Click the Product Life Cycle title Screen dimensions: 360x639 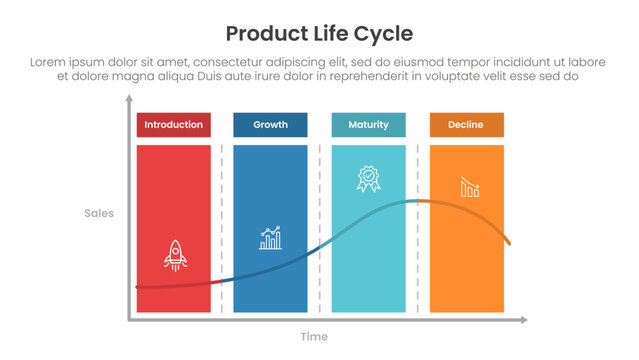(319, 33)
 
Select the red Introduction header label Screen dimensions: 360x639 (173, 125)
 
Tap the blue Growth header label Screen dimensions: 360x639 (270, 125)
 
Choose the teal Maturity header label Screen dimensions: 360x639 (368, 125)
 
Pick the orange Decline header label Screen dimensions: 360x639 (466, 125)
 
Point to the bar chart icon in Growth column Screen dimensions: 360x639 (270, 238)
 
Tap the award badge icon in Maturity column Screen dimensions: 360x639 (368, 179)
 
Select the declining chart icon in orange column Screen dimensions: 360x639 (468, 187)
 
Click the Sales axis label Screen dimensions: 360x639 (98, 213)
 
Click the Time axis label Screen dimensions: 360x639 (315, 337)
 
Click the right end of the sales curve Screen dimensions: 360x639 (510, 244)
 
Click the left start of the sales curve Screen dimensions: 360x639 (138, 287)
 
